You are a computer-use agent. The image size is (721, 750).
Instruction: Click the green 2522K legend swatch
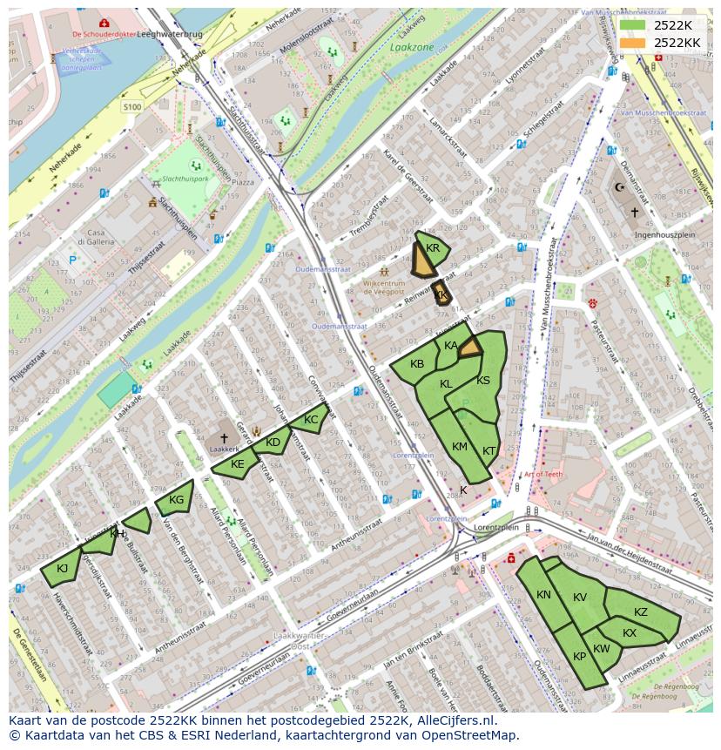pos(633,25)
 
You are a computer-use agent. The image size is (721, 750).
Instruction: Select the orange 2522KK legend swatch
pos(633,43)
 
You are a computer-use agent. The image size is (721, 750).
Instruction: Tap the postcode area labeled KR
pos(434,248)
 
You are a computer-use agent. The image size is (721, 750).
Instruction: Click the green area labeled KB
pos(417,364)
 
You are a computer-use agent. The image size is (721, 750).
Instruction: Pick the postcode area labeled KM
pos(460,447)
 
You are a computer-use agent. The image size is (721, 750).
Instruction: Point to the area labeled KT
pos(489,450)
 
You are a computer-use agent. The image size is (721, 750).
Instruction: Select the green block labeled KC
pos(310,420)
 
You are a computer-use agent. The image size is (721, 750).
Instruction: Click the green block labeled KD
pos(273,443)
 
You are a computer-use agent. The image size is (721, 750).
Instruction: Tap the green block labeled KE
pos(237,464)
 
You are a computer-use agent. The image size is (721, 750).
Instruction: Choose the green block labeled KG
pos(175,499)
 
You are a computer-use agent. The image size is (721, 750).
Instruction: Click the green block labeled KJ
pos(62,569)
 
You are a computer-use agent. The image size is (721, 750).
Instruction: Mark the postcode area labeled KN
pos(543,595)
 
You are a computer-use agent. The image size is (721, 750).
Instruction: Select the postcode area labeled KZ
pos(641,612)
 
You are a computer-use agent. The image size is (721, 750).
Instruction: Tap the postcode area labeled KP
pos(580,657)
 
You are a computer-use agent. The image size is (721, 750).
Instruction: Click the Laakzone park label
pos(412,47)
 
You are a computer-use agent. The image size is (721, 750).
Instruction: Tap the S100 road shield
pos(132,106)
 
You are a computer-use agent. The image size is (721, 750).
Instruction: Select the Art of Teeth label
pos(543,474)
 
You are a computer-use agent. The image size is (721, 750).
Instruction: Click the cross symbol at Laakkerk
pos(224,438)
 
